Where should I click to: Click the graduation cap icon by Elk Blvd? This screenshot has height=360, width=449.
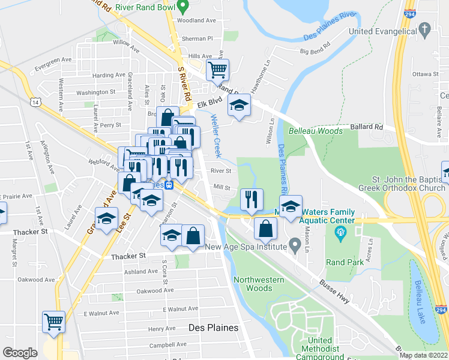tap(239, 106)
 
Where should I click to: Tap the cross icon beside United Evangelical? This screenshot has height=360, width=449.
tap(425, 28)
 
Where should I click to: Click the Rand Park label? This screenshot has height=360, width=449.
tap(340, 262)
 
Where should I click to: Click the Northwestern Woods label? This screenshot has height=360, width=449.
tap(253, 284)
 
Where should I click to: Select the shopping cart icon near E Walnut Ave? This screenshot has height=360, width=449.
tap(54, 322)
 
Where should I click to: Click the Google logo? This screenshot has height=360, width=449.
tap(20, 353)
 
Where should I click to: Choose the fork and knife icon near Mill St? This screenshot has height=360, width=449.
tap(252, 200)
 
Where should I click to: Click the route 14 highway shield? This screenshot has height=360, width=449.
tap(36, 103)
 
